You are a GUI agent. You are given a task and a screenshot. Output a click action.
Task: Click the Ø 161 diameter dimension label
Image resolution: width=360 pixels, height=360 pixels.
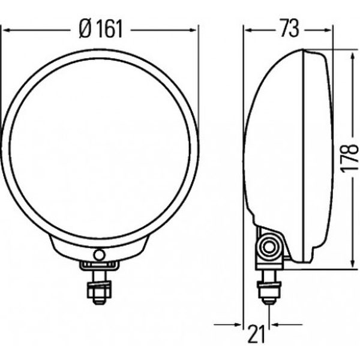(101, 29)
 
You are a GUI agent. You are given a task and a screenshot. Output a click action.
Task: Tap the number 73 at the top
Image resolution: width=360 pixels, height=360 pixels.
(290, 29)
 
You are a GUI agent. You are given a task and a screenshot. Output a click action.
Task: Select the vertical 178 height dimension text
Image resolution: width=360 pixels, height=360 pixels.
(349, 158)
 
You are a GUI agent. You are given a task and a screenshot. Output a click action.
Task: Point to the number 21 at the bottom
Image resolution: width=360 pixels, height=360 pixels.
(256, 334)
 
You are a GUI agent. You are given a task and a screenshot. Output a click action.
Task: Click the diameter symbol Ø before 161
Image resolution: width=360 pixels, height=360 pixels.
(85, 29)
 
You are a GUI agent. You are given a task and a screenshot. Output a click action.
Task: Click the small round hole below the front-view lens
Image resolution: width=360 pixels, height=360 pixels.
(100, 255)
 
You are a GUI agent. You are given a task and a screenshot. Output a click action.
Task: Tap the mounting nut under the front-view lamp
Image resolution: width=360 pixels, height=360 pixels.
(99, 290)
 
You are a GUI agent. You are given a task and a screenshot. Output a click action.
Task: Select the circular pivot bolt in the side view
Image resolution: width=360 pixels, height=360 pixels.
(269, 247)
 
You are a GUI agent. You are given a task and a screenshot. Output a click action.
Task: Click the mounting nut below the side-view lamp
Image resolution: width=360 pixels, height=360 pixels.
(269, 290)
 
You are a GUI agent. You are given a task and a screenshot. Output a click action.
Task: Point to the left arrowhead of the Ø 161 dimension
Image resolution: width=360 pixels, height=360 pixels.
(7, 30)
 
